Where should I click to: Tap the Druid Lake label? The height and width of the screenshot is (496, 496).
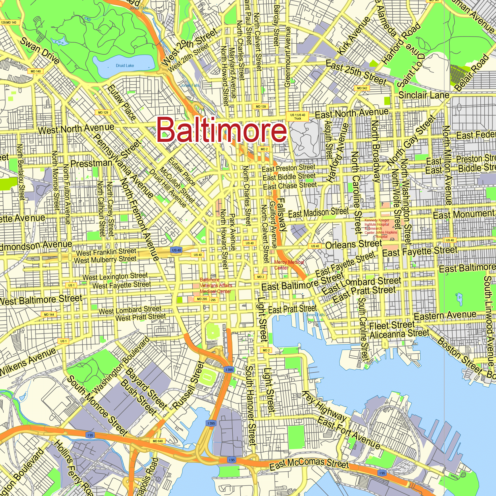pyautogui.click(x=125, y=66)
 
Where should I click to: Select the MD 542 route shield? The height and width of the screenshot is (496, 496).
pyautogui.click(x=362, y=88)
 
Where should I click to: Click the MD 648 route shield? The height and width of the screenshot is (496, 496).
pyautogui.click(x=158, y=441)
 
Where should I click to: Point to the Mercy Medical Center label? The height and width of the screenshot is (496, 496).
pyautogui.click(x=289, y=265)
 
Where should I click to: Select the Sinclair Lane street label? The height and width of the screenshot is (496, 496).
pyautogui.click(x=424, y=95)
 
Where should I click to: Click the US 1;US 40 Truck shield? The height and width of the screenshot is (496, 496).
pyautogui.click(x=298, y=117)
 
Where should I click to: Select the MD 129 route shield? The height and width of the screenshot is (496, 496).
pyautogui.click(x=103, y=112)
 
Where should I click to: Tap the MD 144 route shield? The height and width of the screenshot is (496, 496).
pyautogui.click(x=49, y=314)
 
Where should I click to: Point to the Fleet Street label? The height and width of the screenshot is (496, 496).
pyautogui.click(x=392, y=326)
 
